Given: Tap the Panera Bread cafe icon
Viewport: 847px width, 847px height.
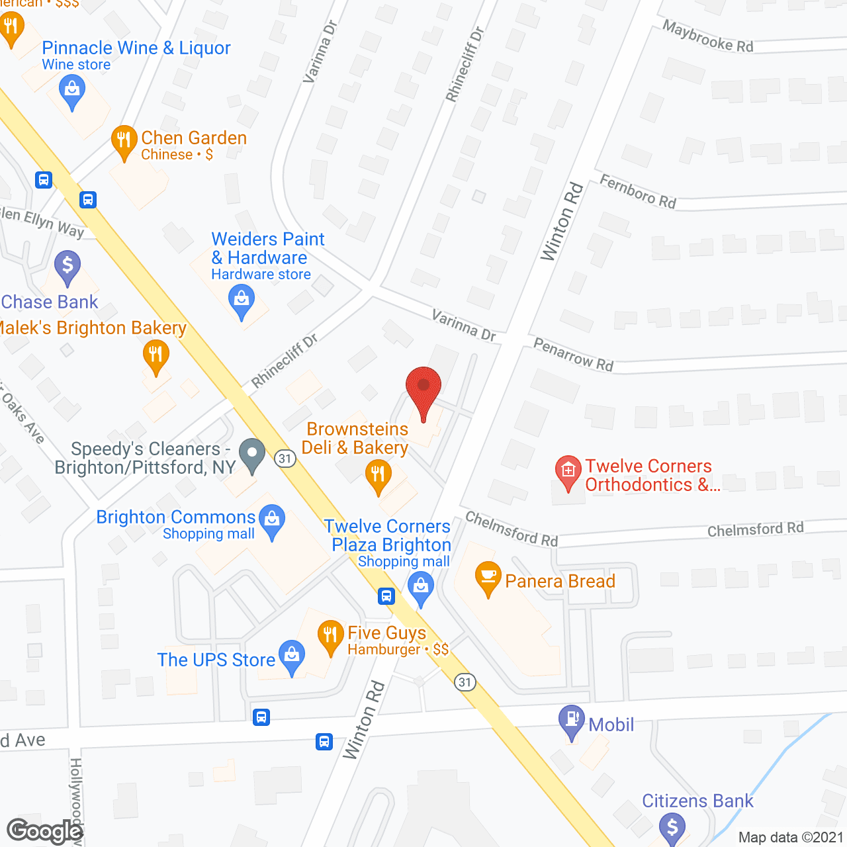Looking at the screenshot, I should [x=488, y=578].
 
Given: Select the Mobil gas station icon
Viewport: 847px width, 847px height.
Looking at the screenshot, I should [x=571, y=722].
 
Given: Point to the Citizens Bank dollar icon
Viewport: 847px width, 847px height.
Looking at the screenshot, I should [x=672, y=828].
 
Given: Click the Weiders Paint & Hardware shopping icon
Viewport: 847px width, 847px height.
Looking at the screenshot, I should [x=242, y=301].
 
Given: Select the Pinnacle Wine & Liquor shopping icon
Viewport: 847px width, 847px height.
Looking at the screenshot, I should [x=72, y=91].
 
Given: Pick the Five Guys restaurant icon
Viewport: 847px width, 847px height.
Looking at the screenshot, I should [x=330, y=637].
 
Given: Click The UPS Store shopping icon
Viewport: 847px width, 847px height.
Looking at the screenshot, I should [x=291, y=657].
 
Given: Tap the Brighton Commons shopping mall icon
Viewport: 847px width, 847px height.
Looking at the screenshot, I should [x=271, y=521].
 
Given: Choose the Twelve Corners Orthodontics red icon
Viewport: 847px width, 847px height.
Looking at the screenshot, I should [x=568, y=472].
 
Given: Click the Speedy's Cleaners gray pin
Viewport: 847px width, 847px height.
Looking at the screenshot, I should [x=251, y=455].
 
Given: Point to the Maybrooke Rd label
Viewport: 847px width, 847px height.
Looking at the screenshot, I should [x=707, y=36].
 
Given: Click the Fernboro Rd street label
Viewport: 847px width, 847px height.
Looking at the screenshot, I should [x=637, y=191].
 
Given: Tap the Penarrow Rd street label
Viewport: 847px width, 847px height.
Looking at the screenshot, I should [x=573, y=355].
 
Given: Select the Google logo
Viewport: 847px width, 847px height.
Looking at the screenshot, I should [x=45, y=831].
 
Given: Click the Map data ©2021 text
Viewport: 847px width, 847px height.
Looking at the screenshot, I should [x=790, y=837].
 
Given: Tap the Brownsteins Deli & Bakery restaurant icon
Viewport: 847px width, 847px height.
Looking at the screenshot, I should [x=378, y=476].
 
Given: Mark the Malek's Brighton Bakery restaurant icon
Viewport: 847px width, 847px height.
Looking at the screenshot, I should [x=156, y=355].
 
